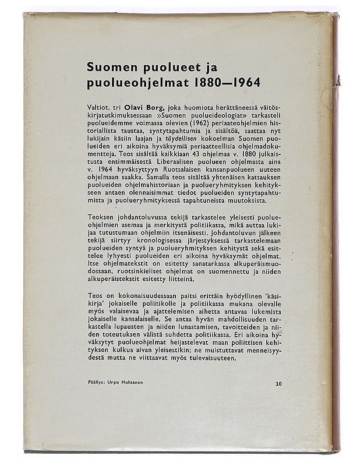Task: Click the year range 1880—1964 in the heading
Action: coord(225,82)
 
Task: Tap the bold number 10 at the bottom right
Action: coord(278,384)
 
